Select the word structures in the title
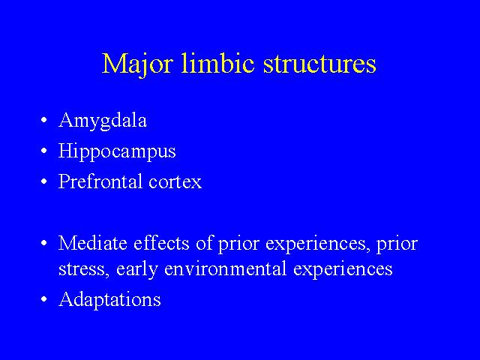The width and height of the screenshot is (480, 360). click(x=319, y=64)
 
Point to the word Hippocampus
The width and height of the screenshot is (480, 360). click(x=117, y=151)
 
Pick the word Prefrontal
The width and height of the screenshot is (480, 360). click(x=100, y=181)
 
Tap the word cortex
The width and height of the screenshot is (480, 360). click(x=175, y=182)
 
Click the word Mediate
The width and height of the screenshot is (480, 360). click(x=93, y=243)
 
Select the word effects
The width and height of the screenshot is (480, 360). click(x=161, y=243)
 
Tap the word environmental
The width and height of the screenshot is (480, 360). click(x=225, y=268)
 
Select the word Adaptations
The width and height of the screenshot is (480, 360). click(x=110, y=300)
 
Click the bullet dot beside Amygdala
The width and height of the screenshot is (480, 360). click(x=44, y=120)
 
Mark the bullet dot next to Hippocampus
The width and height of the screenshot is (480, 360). click(x=44, y=151)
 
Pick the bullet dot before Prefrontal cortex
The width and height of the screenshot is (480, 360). click(x=44, y=181)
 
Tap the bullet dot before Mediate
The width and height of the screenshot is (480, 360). click(x=44, y=243)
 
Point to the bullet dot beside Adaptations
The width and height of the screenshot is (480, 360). click(x=44, y=299)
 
